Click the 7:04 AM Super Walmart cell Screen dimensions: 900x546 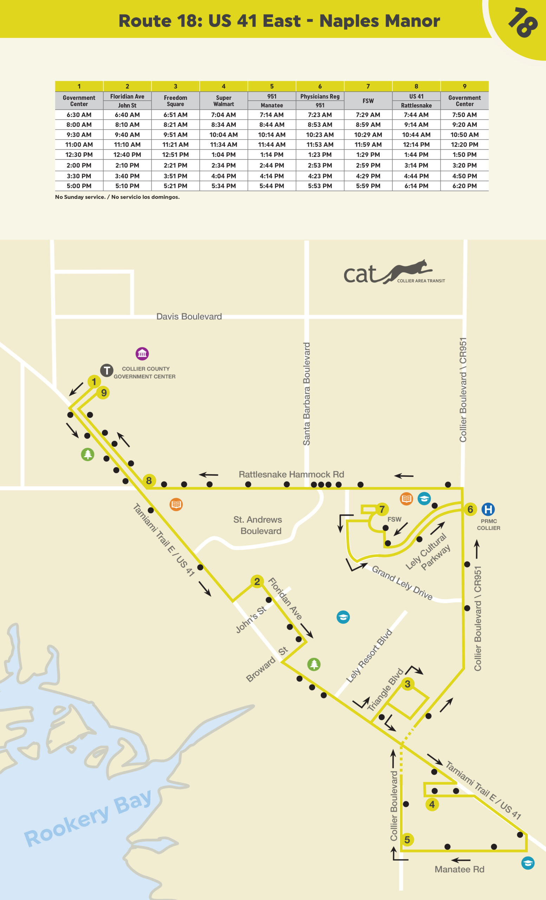click(x=223, y=115)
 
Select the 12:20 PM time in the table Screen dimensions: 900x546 click(x=464, y=144)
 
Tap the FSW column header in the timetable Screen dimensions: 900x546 click(x=368, y=101)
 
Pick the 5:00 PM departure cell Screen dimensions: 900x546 click(x=79, y=186)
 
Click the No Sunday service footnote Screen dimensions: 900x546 click(x=117, y=197)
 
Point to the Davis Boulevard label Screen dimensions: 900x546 click(x=189, y=316)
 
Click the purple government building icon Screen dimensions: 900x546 click(x=142, y=354)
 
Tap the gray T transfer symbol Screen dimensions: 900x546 click(x=106, y=371)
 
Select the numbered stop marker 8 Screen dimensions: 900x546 click(x=149, y=481)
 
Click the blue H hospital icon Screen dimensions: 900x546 click(x=488, y=509)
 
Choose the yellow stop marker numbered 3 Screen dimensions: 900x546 click(x=408, y=684)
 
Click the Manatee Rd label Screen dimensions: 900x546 click(x=459, y=869)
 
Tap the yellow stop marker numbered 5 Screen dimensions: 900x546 click(x=407, y=840)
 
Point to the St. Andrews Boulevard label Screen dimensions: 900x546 click(x=258, y=525)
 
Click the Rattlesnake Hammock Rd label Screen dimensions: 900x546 click(x=291, y=475)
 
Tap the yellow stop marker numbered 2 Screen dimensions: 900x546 click(x=257, y=581)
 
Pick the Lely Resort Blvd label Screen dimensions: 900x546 click(x=369, y=656)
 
